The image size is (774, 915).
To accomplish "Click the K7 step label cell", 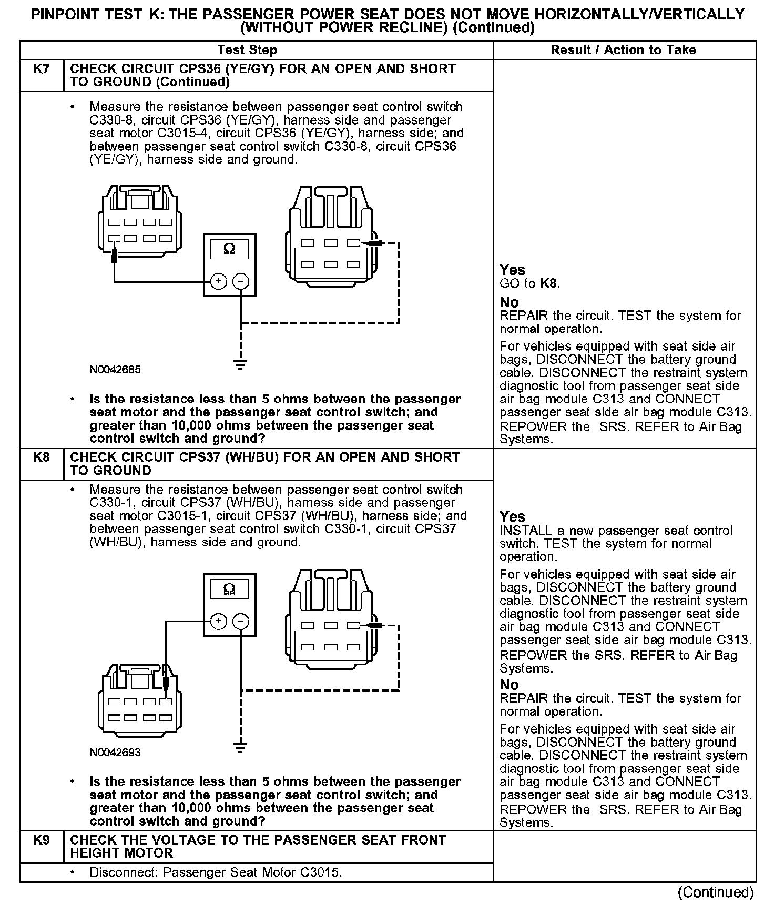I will (x=41, y=69).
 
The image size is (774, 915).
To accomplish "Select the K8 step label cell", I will (x=41, y=457).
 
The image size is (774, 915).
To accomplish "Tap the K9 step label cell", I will (x=41, y=840).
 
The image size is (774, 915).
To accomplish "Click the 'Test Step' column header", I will (x=247, y=50).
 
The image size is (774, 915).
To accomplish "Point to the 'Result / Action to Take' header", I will (x=623, y=50).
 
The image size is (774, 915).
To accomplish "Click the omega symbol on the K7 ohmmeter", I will (x=229, y=249).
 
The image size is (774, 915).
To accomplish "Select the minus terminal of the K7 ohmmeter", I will (x=241, y=281).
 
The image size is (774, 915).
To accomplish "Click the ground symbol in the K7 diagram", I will (x=240, y=364).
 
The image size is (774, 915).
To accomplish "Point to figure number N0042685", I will (x=115, y=370).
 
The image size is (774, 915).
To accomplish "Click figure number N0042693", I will (x=115, y=753).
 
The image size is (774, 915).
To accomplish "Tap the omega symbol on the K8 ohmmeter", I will (x=229, y=588).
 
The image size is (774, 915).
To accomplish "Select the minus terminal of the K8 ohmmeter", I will (x=241, y=622).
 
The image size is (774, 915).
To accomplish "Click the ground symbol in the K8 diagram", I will (x=240, y=747).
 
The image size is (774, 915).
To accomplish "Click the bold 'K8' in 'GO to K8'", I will (x=548, y=284).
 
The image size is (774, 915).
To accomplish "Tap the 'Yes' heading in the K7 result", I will (x=512, y=270).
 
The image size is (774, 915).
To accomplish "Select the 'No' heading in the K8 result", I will (x=509, y=684).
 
